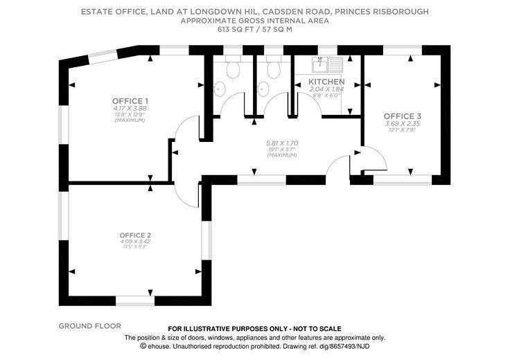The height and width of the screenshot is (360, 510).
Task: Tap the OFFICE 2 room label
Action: pos(134,235)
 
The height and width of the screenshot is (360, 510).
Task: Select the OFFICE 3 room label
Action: pos(402,116)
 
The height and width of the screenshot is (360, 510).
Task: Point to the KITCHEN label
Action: pos(326,82)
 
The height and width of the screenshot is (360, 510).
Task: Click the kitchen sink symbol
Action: pos(328,65)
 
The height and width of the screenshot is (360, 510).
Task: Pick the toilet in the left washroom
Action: pos(232,69)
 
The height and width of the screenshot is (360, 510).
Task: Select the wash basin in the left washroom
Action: pos(220,88)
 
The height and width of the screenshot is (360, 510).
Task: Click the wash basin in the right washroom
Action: pos(262,88)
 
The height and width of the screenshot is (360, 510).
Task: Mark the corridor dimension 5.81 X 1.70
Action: pos(281,143)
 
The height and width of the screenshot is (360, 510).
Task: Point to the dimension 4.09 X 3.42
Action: pos(134,242)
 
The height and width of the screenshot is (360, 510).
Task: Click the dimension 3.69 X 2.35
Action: pos(402,123)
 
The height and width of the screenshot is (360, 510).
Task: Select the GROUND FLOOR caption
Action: pos(90,325)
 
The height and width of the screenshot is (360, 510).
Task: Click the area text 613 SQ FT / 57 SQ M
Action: pos(254,30)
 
